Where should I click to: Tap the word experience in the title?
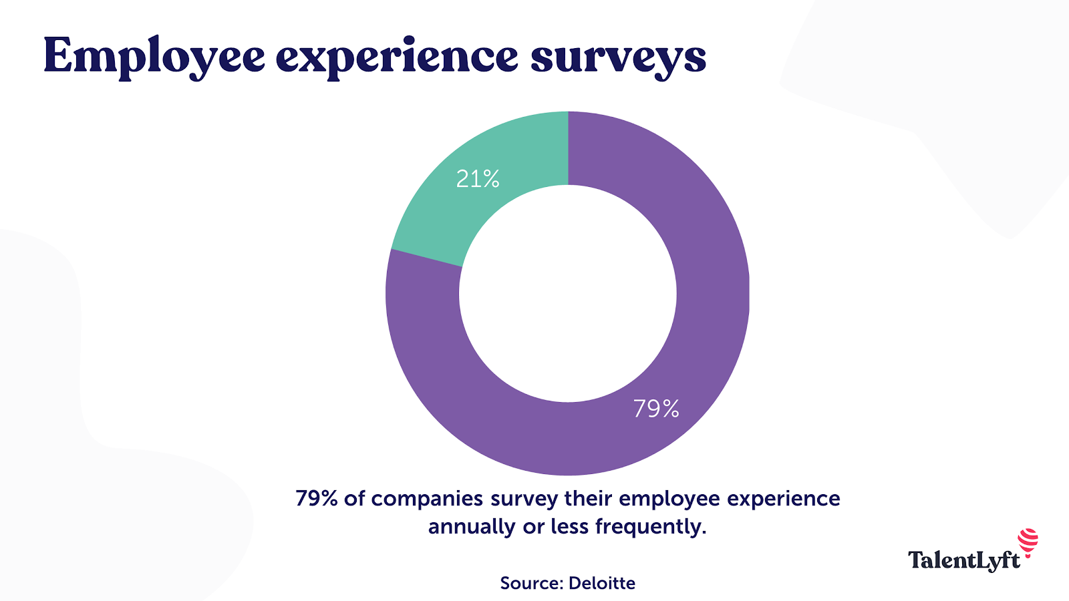coord(396,57)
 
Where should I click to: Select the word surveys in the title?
coord(618,57)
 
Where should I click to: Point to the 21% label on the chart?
coord(478,179)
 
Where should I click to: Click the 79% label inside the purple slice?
coord(656,409)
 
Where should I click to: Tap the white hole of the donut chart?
coord(568,294)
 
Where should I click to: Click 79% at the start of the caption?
coord(316,499)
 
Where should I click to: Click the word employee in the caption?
coord(669,499)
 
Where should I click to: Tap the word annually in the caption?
coord(472,527)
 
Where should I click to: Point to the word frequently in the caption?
coord(650,527)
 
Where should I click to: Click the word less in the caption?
coord(569,527)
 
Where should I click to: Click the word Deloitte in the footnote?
coord(602,583)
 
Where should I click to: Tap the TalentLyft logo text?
coord(963,560)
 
